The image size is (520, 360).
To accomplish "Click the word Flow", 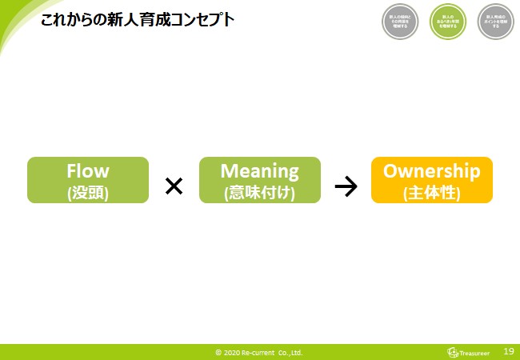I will point(88,170).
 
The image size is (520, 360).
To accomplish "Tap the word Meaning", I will point(259,170).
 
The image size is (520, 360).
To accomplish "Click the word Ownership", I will point(432,170).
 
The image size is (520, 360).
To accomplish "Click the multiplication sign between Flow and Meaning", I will point(174,186).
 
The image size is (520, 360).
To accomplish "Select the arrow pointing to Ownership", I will point(346,186).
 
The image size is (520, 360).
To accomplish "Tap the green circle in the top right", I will point(448,22).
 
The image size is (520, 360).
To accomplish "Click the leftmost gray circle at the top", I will point(401,22).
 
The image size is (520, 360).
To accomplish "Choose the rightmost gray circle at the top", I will point(495,22).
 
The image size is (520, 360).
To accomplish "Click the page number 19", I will point(508,350).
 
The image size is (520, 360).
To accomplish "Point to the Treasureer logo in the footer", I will point(470,351).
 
